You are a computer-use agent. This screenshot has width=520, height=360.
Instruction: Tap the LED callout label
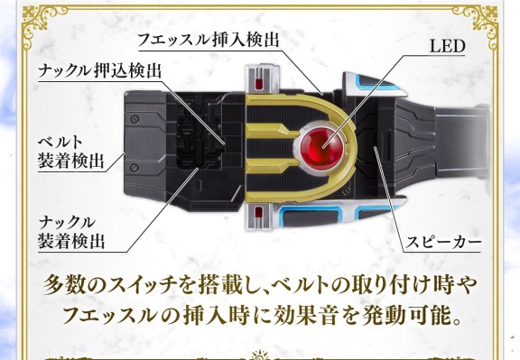point(447,46)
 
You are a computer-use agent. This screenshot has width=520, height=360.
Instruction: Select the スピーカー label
point(443,243)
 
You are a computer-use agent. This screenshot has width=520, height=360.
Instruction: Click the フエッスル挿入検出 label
point(208,40)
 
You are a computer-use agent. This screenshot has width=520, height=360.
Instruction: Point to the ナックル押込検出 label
point(99,70)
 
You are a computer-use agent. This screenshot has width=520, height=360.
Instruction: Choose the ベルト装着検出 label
point(70,152)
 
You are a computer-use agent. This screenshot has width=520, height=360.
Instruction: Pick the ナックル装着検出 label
point(71,232)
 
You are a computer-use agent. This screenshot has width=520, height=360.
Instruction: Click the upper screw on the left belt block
point(135,119)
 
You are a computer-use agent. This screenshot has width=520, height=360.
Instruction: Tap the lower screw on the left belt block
point(135,168)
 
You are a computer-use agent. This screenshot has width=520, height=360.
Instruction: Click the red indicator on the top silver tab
point(259,84)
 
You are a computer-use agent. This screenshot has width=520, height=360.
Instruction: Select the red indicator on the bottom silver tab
point(258,211)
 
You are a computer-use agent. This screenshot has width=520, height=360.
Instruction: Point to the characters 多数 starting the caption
point(65,285)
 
